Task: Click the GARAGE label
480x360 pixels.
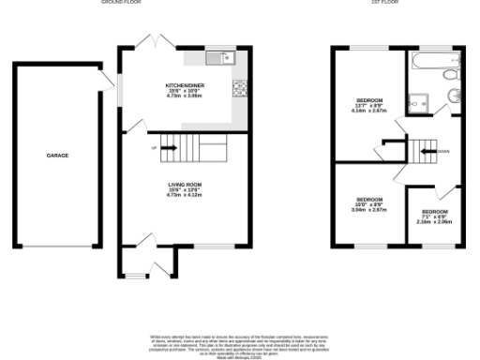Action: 57,156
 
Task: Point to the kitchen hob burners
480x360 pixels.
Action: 239,90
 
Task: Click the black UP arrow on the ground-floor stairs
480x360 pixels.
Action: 169,147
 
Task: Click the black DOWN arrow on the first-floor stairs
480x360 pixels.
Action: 428,149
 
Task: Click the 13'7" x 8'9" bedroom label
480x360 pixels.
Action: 367,100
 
